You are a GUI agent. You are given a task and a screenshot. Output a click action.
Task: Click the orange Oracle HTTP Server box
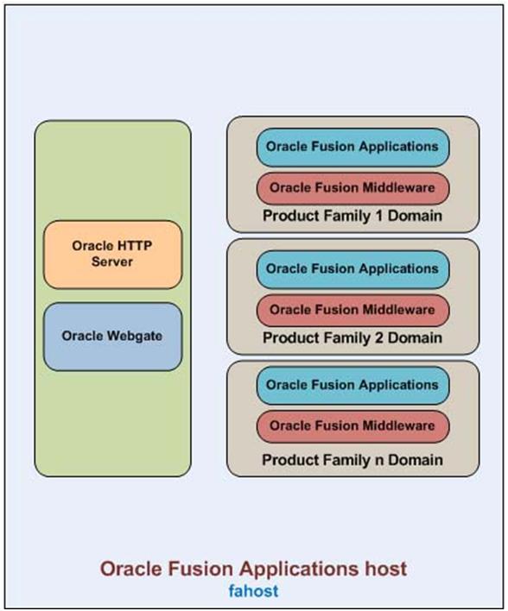coord(113,255)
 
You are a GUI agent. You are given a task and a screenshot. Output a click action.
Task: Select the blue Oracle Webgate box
coord(113,337)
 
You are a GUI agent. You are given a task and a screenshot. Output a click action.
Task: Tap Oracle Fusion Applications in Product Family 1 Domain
coord(352,148)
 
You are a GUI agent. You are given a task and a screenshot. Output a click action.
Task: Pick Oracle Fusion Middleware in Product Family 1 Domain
coord(352,188)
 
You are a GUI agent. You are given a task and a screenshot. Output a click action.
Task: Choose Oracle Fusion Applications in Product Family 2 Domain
coord(352,269)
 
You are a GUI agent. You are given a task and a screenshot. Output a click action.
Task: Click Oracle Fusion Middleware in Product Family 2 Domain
coord(352,310)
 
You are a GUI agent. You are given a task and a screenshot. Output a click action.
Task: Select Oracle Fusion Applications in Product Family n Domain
coord(352,385)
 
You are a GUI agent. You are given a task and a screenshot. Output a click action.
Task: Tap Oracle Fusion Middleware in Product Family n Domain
coord(352,426)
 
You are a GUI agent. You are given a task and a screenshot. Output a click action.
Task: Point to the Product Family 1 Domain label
coord(352,216)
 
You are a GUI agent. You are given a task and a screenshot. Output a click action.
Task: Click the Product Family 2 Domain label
coord(352,337)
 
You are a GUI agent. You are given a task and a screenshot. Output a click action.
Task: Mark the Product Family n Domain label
coord(352,460)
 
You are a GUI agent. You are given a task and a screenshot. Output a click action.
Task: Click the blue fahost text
coord(254,591)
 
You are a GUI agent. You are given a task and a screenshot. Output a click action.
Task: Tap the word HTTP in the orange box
coord(133,246)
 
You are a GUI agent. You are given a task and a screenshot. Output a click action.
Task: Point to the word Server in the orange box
coord(112,261)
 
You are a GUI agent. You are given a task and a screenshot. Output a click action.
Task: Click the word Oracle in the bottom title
coord(131,569)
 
